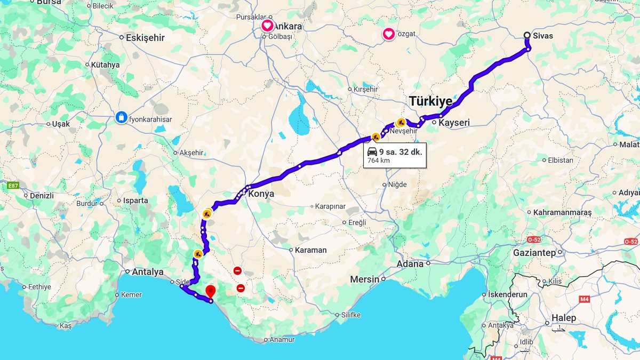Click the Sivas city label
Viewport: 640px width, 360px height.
coord(542,36)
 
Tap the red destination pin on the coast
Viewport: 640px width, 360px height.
coord(211,291)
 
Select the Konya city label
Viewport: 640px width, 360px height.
coord(261,194)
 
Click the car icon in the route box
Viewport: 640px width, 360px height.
coord(372,152)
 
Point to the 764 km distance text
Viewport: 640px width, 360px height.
coord(378,161)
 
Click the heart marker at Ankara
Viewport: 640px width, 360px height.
coord(267,26)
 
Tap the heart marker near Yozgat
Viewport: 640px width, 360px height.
coord(389,34)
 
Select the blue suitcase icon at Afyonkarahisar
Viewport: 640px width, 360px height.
coord(122,117)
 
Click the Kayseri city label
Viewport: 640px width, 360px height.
coord(453,123)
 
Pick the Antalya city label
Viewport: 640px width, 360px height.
coord(147,272)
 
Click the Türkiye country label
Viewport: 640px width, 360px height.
coord(430,101)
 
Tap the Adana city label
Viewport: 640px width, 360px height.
coord(410,263)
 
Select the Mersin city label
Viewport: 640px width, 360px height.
coord(364,279)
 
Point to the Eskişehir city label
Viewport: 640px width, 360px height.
coord(145,38)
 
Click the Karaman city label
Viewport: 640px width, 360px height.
coord(310,250)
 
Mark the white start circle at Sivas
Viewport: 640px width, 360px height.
coord(527,36)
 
